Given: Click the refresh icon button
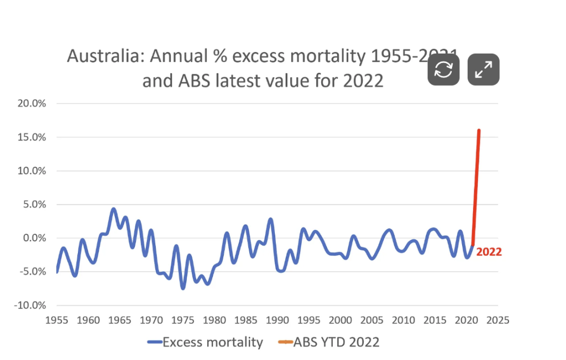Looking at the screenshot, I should point(443,70).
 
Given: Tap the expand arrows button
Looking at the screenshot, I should point(484,70).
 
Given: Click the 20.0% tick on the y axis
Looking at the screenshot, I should point(32,103).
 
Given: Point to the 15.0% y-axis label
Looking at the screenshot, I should point(32,137).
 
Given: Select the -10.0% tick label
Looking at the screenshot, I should point(30,305).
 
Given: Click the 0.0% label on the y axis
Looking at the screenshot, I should point(33,238).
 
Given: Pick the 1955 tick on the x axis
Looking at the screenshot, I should point(57,320).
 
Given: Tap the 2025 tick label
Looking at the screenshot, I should point(498,320).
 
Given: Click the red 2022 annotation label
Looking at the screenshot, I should point(489,252).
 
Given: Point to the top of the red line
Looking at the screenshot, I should point(479,131).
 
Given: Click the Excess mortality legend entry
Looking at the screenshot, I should point(205,342).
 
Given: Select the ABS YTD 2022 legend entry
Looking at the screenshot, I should point(329,342).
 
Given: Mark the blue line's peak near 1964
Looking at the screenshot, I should point(113,209).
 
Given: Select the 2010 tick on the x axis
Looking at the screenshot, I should point(404,320).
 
